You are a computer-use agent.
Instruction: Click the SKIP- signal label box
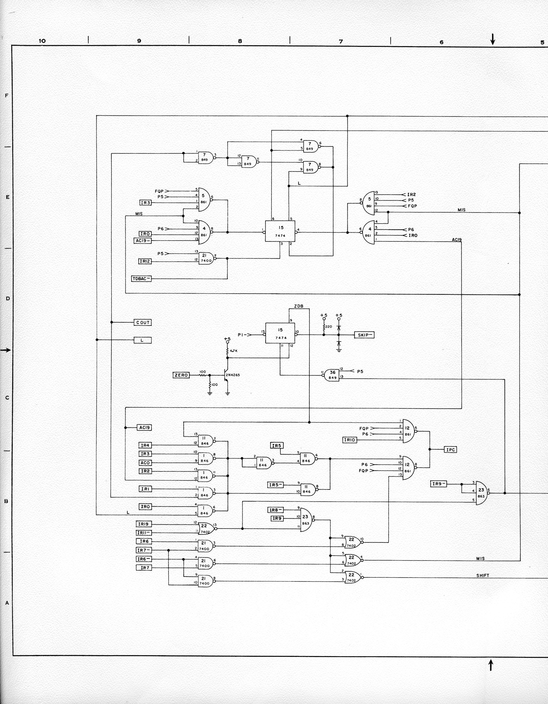click(x=364, y=335)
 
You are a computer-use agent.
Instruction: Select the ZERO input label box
click(x=181, y=375)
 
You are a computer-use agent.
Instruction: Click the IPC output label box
click(x=450, y=450)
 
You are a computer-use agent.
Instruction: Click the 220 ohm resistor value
click(x=329, y=326)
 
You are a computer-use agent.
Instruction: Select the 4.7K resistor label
click(x=234, y=351)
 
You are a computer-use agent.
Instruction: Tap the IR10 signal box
click(x=350, y=440)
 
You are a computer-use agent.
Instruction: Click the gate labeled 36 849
click(x=332, y=375)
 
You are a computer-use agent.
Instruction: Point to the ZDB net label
click(x=299, y=306)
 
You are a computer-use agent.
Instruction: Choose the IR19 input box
click(x=144, y=524)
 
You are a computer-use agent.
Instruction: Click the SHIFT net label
click(x=483, y=575)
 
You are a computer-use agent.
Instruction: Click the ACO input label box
click(x=145, y=463)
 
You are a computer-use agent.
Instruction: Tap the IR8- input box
click(x=275, y=510)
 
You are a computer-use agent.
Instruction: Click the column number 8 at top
click(x=240, y=41)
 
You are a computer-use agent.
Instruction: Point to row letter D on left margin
click(x=7, y=298)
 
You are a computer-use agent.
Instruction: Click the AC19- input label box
click(x=142, y=241)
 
